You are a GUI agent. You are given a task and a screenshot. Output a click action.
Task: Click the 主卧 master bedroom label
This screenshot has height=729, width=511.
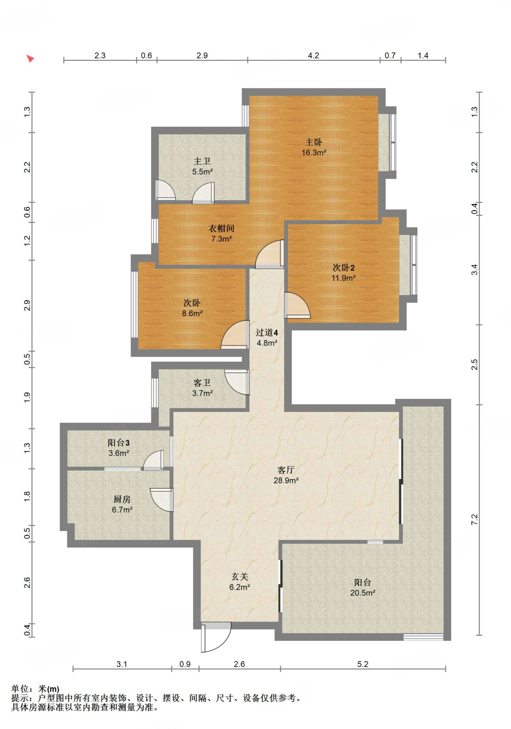314,142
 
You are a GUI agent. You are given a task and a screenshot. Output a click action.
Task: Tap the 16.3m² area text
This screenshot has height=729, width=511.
314,153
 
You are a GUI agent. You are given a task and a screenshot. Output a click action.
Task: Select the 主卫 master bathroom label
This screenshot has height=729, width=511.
202,161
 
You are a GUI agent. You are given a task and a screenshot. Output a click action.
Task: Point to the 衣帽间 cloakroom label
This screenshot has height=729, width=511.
221,229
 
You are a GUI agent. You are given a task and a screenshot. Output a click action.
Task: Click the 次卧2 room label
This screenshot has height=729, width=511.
343,268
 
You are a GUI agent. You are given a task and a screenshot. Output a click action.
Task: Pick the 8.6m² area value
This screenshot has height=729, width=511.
192,314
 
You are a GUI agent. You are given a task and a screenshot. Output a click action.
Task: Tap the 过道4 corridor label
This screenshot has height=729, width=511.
267,333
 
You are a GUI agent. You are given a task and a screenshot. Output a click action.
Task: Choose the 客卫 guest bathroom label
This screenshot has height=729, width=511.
202,383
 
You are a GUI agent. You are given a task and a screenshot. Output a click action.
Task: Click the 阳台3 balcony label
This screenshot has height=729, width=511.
118,443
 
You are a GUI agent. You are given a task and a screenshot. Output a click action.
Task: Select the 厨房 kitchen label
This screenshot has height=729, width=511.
122,499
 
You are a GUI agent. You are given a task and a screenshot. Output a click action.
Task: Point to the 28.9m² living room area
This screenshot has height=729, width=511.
286,481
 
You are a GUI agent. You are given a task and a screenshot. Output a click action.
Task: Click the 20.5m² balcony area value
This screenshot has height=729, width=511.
363,593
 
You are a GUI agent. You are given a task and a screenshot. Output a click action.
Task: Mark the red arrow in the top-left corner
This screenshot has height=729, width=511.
30,58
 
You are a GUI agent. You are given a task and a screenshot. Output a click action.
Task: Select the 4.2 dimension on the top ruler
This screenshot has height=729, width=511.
314,56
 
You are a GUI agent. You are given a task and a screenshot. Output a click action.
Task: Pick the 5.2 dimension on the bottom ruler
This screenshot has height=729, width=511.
363,664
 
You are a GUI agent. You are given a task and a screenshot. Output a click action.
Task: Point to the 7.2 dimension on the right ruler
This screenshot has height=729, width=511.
474,520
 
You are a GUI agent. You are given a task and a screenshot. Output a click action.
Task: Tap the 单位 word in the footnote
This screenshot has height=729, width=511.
20,689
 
